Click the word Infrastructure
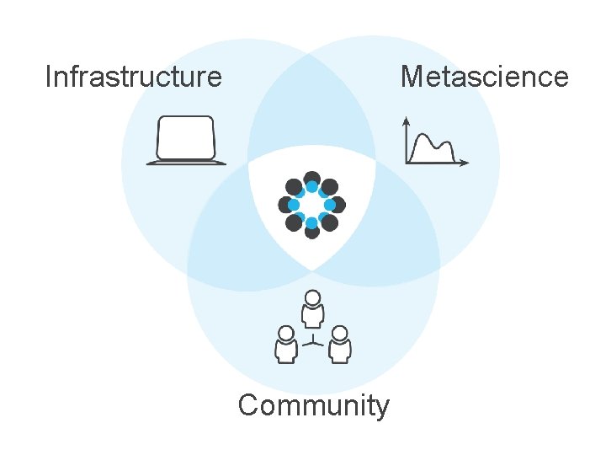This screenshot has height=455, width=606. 133,77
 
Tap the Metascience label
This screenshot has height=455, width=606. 484,77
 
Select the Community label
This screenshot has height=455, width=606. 313,405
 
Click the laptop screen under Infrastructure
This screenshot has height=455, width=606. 186,137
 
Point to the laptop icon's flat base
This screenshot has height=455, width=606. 186,162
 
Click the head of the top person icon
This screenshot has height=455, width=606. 313,297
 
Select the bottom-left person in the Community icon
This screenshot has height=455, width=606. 286,345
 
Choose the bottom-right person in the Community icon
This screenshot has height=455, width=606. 339,345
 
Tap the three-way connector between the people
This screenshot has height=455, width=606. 313,341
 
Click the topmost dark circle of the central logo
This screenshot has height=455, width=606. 311,179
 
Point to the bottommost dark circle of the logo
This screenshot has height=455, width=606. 311,230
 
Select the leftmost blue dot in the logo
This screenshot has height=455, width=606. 294,205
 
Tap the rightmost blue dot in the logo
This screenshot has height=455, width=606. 330,205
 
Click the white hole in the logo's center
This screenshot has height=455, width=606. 311,205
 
